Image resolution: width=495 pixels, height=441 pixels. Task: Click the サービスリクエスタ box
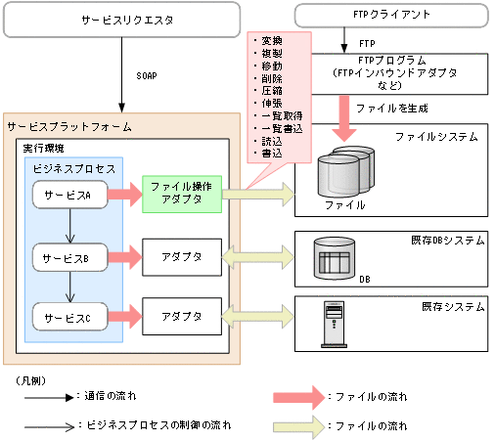click(121, 20)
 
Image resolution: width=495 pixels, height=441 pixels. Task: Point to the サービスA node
click(68, 196)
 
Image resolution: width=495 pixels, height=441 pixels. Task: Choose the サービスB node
click(68, 259)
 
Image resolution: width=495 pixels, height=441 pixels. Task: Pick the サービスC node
click(68, 317)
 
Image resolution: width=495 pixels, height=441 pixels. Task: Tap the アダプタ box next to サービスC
click(183, 317)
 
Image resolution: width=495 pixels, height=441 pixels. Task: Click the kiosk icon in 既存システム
click(334, 324)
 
